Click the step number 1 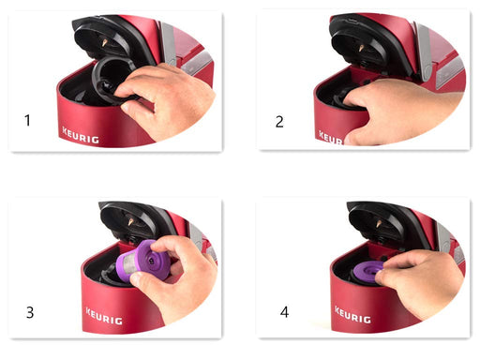point(27,120)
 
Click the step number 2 point(279,122)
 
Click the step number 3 point(30,312)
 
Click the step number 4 point(284,312)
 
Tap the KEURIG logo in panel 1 point(81,135)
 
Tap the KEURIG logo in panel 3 point(104,316)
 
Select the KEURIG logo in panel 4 point(352,315)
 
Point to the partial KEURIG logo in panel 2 point(331,138)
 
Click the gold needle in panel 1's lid point(104,43)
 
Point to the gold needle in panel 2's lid point(361,48)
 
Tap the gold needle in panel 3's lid point(130,222)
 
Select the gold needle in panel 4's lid point(379,224)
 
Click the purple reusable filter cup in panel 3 point(142,261)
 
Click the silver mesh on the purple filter point(126,266)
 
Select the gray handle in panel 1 point(169,44)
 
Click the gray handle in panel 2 point(424,52)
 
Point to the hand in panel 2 point(403,111)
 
